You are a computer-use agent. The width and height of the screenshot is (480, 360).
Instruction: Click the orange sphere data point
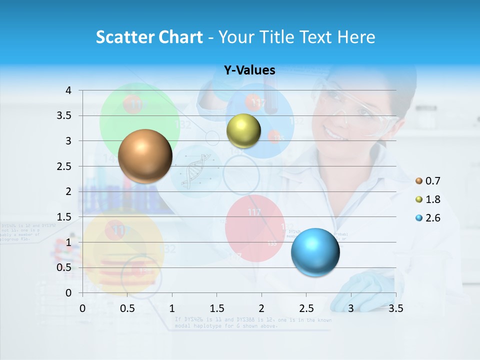tap(145, 156)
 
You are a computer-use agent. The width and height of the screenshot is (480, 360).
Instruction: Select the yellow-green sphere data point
tap(243, 130)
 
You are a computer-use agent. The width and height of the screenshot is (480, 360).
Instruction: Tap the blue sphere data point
tap(315, 251)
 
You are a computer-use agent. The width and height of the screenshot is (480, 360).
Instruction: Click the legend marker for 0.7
tap(419, 181)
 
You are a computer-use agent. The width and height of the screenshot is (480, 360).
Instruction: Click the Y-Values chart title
tap(249, 70)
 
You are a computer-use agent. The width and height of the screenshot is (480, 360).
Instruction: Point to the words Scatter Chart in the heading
tap(149, 37)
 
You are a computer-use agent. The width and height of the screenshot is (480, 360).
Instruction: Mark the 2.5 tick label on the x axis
tap(306, 308)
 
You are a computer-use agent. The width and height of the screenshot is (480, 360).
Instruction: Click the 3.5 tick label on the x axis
tap(395, 308)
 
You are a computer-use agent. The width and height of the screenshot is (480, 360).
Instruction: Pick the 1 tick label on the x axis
tap(172, 308)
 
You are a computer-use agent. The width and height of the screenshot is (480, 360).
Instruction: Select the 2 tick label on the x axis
tap(261, 308)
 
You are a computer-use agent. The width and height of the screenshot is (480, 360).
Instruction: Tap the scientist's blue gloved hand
tap(362, 290)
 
